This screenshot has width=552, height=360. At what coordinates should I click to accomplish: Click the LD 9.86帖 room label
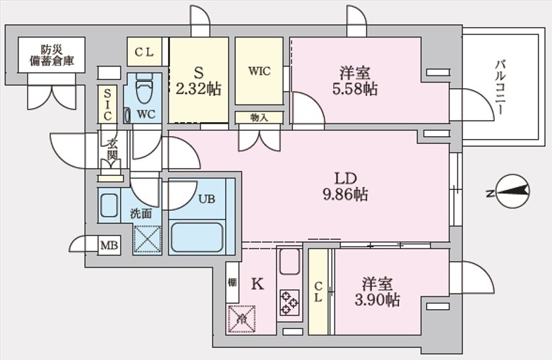(345, 186)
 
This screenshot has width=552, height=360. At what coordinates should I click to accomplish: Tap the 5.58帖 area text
(355, 89)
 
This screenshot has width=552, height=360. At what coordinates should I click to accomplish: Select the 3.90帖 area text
(377, 300)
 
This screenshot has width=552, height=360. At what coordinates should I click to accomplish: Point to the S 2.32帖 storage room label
(198, 81)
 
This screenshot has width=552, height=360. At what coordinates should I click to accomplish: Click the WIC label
(260, 71)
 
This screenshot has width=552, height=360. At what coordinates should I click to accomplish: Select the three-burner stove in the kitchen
(289, 302)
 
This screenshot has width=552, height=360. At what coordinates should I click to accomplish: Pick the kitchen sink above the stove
(289, 261)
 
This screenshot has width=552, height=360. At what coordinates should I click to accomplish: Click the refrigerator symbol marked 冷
(242, 319)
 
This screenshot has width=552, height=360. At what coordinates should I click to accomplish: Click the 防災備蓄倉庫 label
(52, 55)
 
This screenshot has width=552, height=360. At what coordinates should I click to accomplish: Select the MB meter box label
(109, 245)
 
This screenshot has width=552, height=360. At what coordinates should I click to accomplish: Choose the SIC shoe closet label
(107, 104)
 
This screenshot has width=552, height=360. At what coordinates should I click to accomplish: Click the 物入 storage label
(259, 118)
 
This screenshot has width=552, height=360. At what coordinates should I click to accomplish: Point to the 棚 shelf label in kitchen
(232, 282)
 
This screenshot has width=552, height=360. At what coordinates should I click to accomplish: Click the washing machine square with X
(148, 239)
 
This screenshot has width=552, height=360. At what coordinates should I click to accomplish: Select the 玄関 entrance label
(112, 150)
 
